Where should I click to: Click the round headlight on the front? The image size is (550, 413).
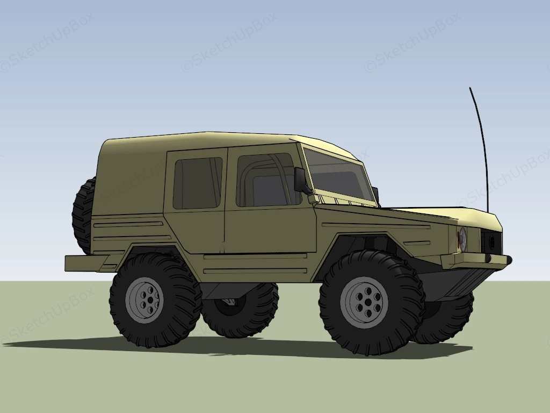(x=462, y=239)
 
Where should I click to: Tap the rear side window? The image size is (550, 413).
(x=197, y=183)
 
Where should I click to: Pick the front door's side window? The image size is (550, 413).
(x=266, y=180)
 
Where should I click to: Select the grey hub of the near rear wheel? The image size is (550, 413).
(x=143, y=300)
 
